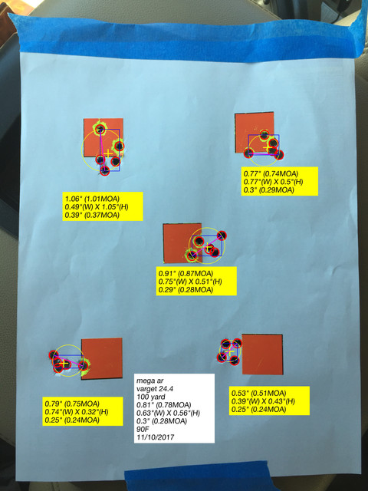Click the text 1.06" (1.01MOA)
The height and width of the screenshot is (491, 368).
[92, 199]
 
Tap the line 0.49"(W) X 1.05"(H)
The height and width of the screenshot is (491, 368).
[97, 207]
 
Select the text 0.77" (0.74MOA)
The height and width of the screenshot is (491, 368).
[271, 174]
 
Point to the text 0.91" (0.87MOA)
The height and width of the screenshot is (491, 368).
[186, 273]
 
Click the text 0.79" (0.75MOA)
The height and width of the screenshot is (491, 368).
[72, 404]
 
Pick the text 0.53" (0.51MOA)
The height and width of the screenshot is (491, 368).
[259, 393]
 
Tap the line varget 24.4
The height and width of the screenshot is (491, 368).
[155, 389]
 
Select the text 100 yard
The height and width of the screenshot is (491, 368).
[150, 397]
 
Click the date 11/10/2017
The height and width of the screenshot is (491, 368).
[155, 437]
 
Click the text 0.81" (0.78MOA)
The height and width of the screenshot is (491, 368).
[163, 405]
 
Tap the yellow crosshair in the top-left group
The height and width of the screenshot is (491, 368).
[107, 153]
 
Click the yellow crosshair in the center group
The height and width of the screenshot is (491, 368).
[207, 246]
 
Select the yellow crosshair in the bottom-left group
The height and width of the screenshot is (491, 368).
[64, 364]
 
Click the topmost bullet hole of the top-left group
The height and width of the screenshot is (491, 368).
[100, 129]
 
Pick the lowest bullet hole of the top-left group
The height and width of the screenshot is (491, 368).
[105, 171]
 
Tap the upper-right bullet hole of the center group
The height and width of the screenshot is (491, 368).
[222, 236]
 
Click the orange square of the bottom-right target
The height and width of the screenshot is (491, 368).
[262, 354]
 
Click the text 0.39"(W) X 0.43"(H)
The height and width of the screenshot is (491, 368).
[263, 401]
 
